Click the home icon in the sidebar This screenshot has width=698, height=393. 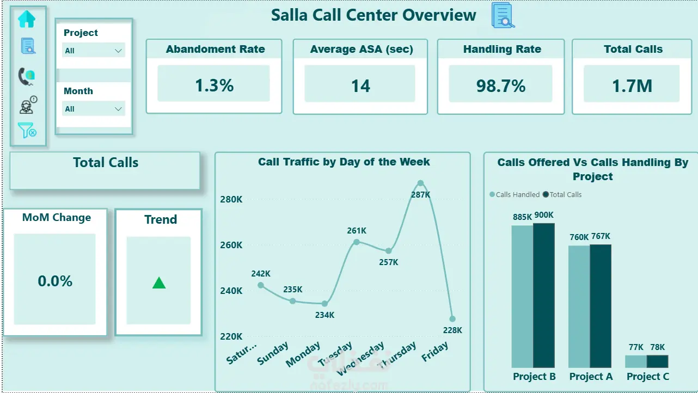tap(27, 19)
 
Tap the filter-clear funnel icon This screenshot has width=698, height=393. tap(27, 130)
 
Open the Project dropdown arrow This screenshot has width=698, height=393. tap(118, 51)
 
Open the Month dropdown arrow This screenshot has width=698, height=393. tap(118, 109)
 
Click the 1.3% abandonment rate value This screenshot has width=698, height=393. tap(214, 85)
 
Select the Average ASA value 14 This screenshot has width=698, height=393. tap(360, 86)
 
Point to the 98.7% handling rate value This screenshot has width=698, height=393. tap(501, 86)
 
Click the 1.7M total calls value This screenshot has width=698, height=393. tap(632, 86)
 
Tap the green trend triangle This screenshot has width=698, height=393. tap(159, 283)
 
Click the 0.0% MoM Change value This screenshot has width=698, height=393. tap(55, 281)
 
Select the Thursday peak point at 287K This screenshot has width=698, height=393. tap(420, 183)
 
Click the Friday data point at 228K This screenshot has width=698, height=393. tap(452, 319)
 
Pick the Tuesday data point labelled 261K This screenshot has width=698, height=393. tap(357, 242)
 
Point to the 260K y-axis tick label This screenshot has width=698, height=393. tap(231, 245)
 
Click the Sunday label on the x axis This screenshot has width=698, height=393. tap(273, 353)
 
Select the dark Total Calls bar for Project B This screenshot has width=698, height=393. tap(544, 295)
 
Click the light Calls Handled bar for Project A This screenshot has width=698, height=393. tap(579, 306)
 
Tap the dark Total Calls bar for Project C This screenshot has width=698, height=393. tap(658, 361)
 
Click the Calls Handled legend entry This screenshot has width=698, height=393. tap(515, 195)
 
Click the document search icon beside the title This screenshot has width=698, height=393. tap(503, 15)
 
